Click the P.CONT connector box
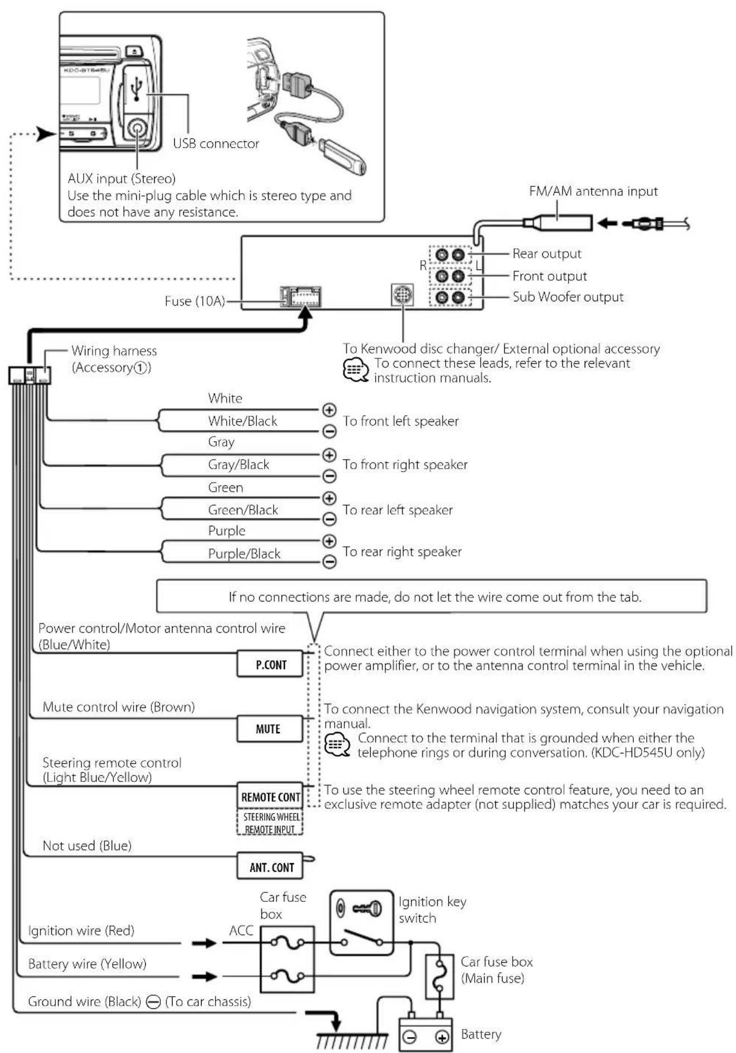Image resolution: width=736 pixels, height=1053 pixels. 270,664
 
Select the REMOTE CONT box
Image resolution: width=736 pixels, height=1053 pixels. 270,796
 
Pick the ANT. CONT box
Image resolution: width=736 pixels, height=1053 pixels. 271,867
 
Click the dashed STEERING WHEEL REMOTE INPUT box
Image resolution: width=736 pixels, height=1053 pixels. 270,823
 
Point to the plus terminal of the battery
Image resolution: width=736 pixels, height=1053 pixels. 442,1037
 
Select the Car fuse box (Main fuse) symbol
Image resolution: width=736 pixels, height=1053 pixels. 439,976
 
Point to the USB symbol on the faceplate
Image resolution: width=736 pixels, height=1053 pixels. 136,89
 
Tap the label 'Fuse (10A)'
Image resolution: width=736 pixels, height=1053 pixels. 194,301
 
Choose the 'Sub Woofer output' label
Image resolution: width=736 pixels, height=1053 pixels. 567,297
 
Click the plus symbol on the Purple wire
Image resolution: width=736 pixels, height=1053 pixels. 329,541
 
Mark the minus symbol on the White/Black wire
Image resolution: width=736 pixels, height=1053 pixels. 329,431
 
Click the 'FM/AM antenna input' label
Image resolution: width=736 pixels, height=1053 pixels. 593,191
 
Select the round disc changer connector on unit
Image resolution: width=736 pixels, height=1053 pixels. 402,294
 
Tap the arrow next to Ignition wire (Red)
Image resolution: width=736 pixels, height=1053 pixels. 204,943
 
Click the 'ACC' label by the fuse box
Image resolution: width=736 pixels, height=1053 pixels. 241,930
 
